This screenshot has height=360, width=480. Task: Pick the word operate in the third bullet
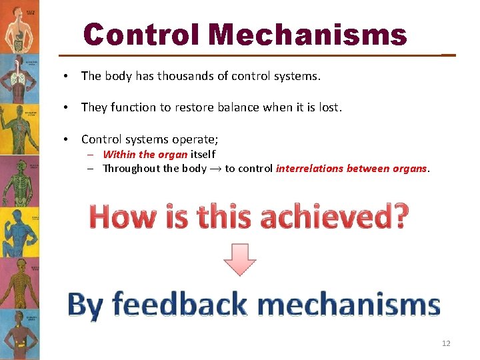pyautogui.click(x=194, y=139)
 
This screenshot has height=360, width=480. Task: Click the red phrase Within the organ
pyautogui.click(x=145, y=155)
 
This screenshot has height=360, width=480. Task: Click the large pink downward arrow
pyautogui.click(x=240, y=259)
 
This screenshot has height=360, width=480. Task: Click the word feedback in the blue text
pyautogui.click(x=180, y=305)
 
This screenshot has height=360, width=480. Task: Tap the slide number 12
pyautogui.click(x=446, y=343)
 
